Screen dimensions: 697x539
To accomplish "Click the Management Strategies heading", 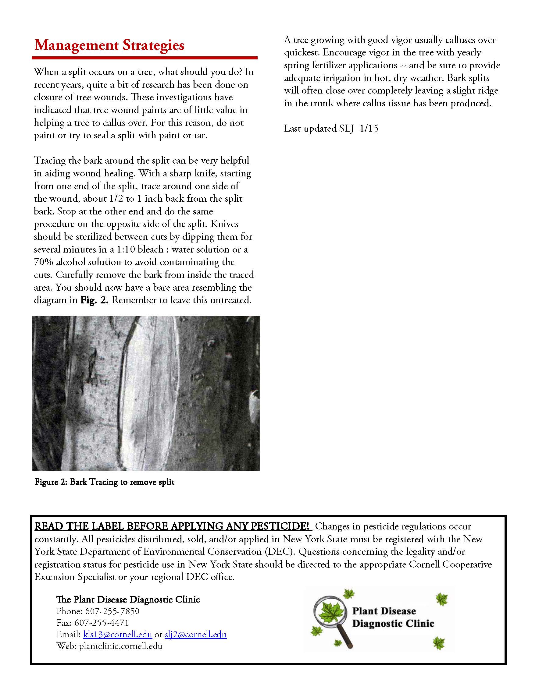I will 109,45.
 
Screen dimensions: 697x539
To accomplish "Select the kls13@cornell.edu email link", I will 117,634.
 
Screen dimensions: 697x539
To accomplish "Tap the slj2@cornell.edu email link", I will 195,634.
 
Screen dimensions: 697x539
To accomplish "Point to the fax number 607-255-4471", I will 102,623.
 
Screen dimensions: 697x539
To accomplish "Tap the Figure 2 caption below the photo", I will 104,482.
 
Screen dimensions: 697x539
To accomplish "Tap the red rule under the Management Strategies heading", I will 144,58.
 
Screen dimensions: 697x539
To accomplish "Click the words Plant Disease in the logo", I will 384,611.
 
